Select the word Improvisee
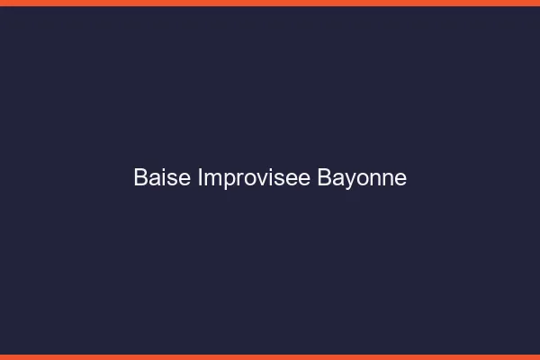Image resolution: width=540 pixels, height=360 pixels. click(x=255, y=178)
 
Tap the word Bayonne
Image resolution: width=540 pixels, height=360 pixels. click(x=362, y=178)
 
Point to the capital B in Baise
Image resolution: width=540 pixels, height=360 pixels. click(x=140, y=178)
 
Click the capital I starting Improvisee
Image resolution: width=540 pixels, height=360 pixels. click(x=200, y=178)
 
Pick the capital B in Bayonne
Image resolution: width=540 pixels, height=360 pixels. click(x=324, y=178)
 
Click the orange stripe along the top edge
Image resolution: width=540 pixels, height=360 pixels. click(x=270, y=3)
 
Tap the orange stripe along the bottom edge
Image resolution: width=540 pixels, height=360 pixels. click(x=270, y=356)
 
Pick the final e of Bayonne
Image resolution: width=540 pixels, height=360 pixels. click(x=400, y=179)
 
